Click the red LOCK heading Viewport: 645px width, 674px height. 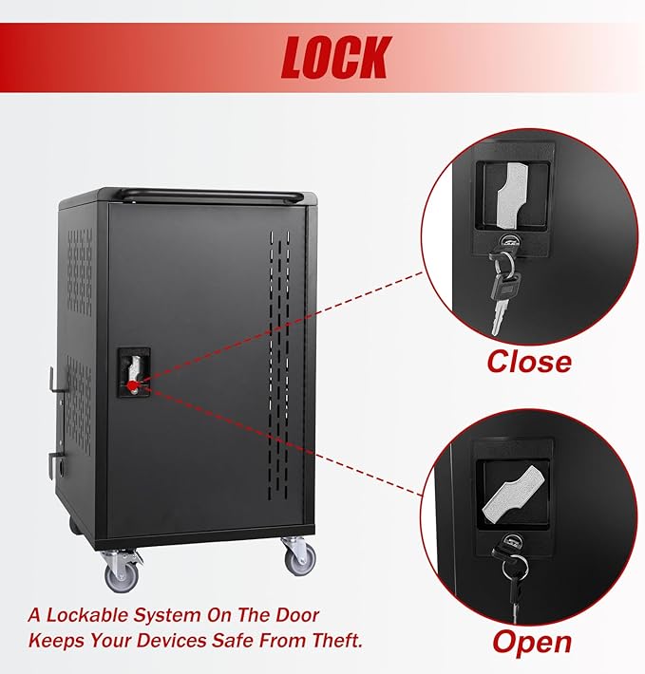click(336, 57)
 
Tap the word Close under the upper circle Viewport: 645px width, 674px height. click(529, 362)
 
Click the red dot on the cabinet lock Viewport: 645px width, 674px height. click(133, 384)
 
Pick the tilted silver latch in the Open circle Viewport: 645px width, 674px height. click(513, 493)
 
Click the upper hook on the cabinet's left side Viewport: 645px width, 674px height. click(55, 381)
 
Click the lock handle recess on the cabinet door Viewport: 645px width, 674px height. click(134, 372)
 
